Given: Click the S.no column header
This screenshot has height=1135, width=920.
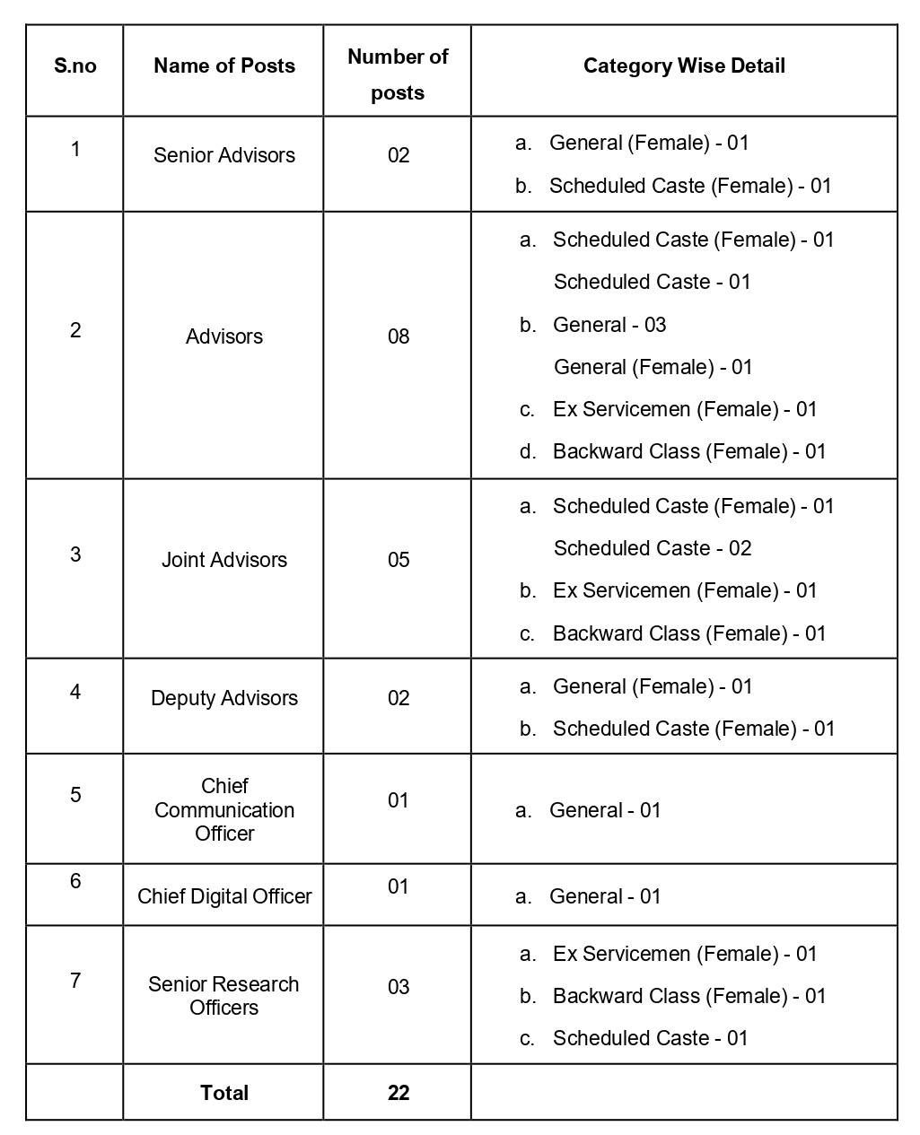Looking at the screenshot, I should point(75,66).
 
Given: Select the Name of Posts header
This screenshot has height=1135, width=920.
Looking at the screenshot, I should point(224,66).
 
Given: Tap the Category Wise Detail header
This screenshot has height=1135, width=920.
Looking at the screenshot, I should point(684,66).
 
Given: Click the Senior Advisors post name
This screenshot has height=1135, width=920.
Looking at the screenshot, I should point(224,155).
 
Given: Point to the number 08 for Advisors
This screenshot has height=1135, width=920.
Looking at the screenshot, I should point(399,336).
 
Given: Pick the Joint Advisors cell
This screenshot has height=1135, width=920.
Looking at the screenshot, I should point(224,560).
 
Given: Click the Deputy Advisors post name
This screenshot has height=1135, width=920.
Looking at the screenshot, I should point(224,698).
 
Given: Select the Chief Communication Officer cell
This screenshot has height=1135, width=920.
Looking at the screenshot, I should point(224,809).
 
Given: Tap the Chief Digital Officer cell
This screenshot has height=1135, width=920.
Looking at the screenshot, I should point(224,896).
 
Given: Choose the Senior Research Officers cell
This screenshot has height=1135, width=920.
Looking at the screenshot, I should point(224,995).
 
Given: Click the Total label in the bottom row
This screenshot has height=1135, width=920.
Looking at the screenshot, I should point(224,1093).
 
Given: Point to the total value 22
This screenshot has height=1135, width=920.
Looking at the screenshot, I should point(399,1093).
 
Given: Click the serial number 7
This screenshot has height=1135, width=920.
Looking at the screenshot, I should point(75,980).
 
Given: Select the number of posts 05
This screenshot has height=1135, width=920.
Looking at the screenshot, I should point(399,560).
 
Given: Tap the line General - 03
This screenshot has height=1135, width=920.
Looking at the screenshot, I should point(609,325).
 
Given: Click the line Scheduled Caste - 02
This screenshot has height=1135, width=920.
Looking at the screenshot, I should point(653,548).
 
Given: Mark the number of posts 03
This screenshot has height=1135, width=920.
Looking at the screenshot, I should point(399,987).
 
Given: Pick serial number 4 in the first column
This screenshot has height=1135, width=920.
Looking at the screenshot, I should point(75,692).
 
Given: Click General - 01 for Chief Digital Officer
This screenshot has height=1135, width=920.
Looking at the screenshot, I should point(605,896).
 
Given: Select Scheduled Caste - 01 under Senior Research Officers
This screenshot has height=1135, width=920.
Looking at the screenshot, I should point(650,1038).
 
